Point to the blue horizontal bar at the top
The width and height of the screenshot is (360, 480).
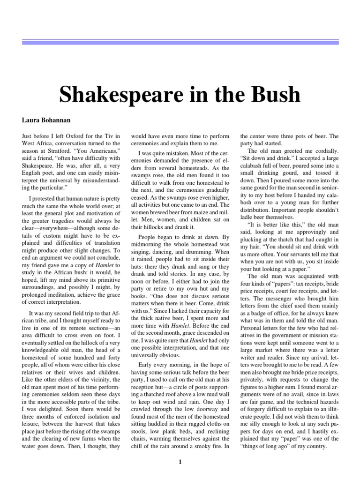tap(180, 43)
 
